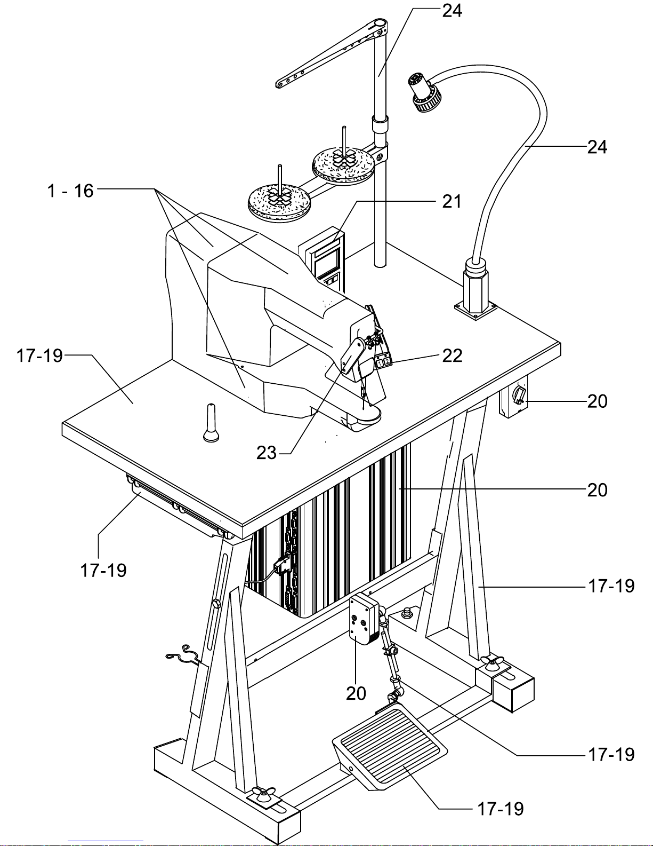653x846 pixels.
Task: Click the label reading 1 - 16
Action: pyautogui.click(x=70, y=191)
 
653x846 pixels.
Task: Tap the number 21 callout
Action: pyautogui.click(x=452, y=202)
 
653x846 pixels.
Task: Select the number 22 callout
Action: pyautogui.click(x=452, y=356)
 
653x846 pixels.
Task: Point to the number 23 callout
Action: pyautogui.click(x=266, y=453)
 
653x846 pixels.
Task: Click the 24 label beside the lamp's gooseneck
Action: pyautogui.click(x=597, y=147)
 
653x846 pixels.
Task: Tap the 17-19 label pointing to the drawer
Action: pyautogui.click(x=103, y=571)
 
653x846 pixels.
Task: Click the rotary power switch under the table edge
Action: pyautogui.click(x=520, y=393)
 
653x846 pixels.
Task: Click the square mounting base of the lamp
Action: pyautogui.click(x=475, y=310)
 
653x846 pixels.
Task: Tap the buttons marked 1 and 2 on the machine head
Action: pyautogui.click(x=383, y=362)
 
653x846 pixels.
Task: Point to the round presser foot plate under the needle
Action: pyautogui.click(x=364, y=415)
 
